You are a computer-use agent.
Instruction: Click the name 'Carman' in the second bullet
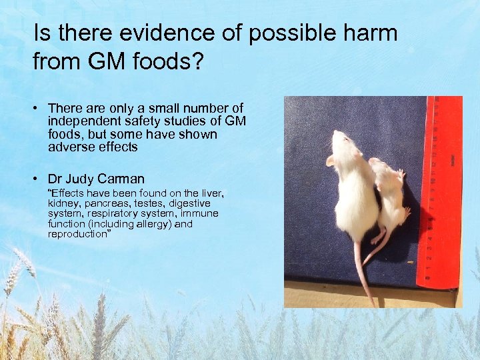[121, 179]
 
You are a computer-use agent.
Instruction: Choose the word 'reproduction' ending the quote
[77, 234]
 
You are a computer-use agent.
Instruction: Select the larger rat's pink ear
[330, 160]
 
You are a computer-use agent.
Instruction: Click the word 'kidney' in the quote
[62, 203]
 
